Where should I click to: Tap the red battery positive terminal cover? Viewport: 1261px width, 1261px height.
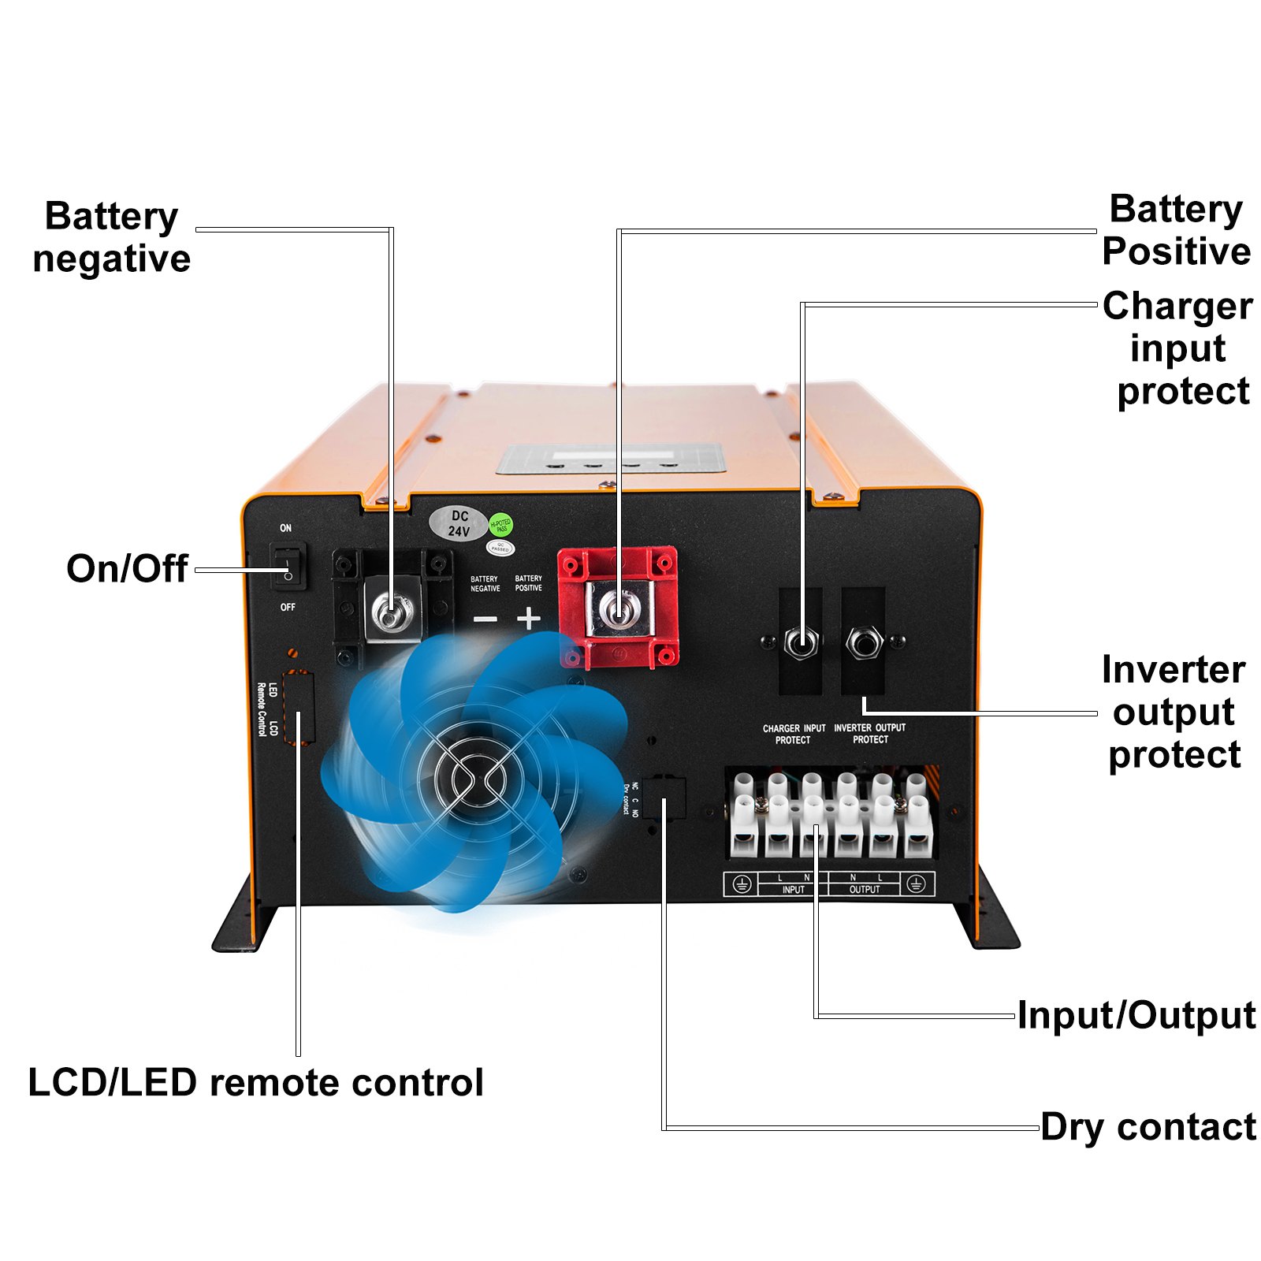(618, 607)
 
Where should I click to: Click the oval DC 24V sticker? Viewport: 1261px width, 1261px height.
(459, 524)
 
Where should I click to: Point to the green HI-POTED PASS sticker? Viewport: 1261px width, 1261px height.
(501, 526)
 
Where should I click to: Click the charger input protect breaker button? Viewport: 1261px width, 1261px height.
(801, 642)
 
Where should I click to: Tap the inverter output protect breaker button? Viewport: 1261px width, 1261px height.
(864, 642)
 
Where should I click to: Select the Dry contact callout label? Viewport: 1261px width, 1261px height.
(1148, 1127)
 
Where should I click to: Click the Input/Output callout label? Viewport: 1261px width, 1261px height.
(1136, 1015)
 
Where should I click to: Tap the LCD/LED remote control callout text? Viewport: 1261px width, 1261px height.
(255, 1083)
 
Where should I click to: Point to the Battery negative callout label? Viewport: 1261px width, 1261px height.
(111, 237)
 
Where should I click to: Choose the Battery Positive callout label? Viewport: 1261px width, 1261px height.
(1176, 230)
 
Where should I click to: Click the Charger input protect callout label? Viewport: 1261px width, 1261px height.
(1177, 348)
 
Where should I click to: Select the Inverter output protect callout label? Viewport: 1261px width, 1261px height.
(1174, 712)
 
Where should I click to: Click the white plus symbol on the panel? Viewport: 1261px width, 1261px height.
(529, 618)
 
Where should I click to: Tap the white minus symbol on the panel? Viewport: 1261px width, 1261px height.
(485, 619)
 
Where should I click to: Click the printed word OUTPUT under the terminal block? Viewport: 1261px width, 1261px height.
(865, 890)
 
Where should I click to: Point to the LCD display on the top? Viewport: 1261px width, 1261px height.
(610, 458)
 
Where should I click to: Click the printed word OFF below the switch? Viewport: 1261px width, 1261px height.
(288, 607)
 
